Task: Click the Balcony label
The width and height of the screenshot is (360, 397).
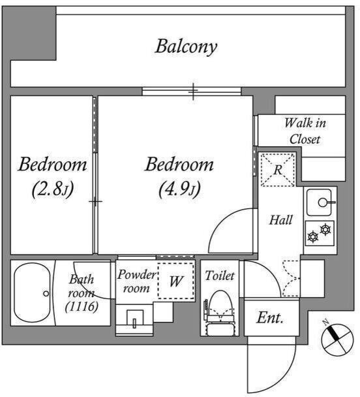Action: click(x=186, y=47)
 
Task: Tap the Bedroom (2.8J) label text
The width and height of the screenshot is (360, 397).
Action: click(x=53, y=176)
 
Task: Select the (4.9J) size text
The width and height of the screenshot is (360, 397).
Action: click(x=179, y=189)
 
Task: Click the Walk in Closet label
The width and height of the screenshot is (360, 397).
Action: click(x=305, y=131)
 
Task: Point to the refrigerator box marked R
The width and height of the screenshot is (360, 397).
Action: click(x=278, y=170)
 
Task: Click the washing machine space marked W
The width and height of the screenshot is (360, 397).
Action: click(x=176, y=281)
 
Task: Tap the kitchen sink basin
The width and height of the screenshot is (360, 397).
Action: click(x=320, y=202)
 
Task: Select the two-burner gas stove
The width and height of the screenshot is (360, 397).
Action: click(x=320, y=234)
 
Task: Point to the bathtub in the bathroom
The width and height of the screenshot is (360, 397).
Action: click(x=32, y=293)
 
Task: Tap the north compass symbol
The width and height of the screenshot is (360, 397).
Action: click(x=338, y=340)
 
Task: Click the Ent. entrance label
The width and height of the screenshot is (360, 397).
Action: click(x=269, y=317)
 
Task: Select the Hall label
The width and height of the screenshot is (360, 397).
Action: click(x=280, y=220)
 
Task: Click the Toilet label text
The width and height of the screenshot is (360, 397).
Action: click(x=220, y=276)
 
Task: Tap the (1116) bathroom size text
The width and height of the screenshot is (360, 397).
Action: click(x=82, y=307)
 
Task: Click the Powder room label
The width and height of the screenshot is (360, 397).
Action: click(x=136, y=281)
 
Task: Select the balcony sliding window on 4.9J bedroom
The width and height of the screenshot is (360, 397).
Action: click(x=191, y=91)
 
